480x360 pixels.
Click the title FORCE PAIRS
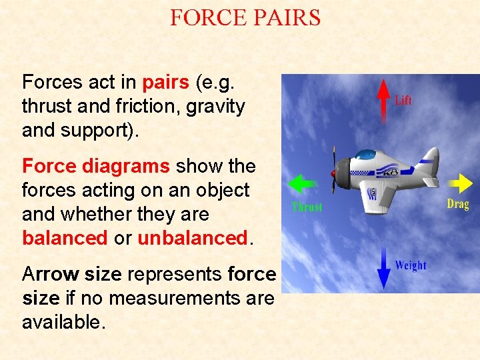coord(245,17)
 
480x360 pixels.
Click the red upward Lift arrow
coord(383,100)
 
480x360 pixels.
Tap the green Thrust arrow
coord(302,184)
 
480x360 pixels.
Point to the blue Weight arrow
coord(383,266)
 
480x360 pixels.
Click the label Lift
coord(403,101)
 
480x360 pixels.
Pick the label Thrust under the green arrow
coord(307,207)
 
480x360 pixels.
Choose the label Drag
coord(458,204)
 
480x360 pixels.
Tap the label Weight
coord(410,265)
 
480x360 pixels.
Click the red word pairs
coord(166,82)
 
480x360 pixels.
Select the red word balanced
coord(65,238)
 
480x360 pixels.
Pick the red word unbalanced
coord(192,238)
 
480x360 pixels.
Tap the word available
coord(63,323)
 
